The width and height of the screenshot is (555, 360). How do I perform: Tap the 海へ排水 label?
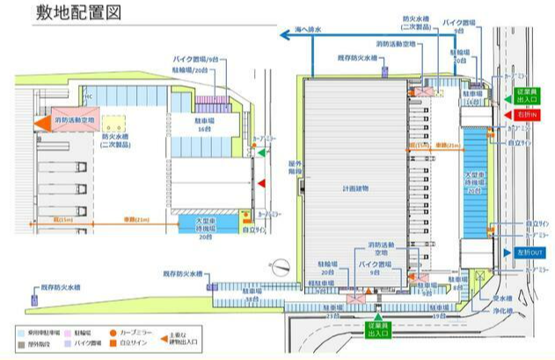point(303,28)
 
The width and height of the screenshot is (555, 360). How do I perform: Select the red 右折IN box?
point(529,115)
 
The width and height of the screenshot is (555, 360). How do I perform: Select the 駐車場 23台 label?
point(332,311)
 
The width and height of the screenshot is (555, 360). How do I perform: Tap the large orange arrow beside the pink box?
point(42,123)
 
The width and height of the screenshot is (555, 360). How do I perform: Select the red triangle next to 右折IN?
point(508,115)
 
